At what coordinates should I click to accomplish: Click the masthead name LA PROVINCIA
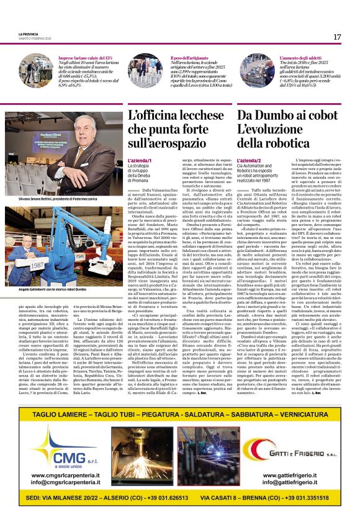28,34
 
